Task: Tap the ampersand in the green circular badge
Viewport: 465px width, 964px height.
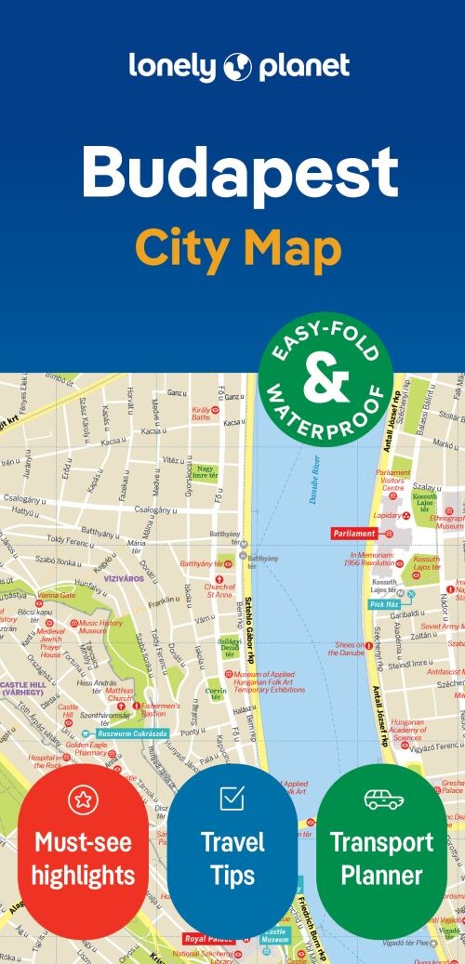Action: [325, 377]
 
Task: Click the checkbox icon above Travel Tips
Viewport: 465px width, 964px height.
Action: [232, 798]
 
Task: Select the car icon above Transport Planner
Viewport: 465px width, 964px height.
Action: [383, 799]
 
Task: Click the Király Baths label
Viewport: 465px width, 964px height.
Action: [201, 413]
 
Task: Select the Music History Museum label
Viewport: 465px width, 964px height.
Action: [100, 627]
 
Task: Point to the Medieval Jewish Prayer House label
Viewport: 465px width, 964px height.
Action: [50, 643]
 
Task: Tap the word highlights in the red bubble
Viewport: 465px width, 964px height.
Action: [85, 875]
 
